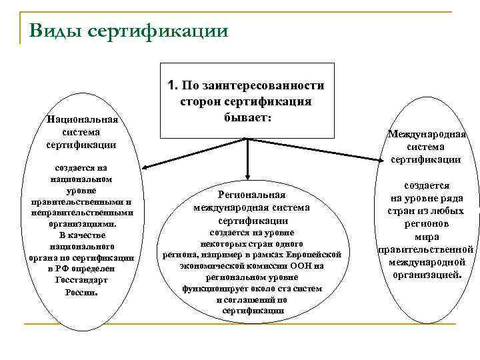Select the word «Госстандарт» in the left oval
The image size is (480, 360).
point(81,281)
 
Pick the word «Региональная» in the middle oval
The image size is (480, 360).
point(252,195)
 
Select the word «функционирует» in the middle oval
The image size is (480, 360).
point(210,289)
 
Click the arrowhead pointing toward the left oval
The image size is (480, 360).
point(142,167)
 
